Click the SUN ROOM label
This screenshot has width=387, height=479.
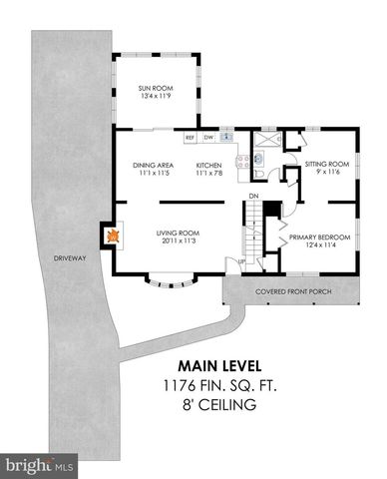coord(155,90)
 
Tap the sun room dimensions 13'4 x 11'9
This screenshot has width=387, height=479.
coord(155,98)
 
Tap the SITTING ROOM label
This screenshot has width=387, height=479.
coord(325,164)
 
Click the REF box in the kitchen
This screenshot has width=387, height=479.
coord(189,137)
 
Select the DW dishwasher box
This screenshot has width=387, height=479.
coord(208,137)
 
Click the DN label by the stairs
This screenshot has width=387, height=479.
coord(254,196)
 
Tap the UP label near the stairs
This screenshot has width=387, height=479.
coord(240,261)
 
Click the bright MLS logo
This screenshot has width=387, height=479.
coord(40,465)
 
